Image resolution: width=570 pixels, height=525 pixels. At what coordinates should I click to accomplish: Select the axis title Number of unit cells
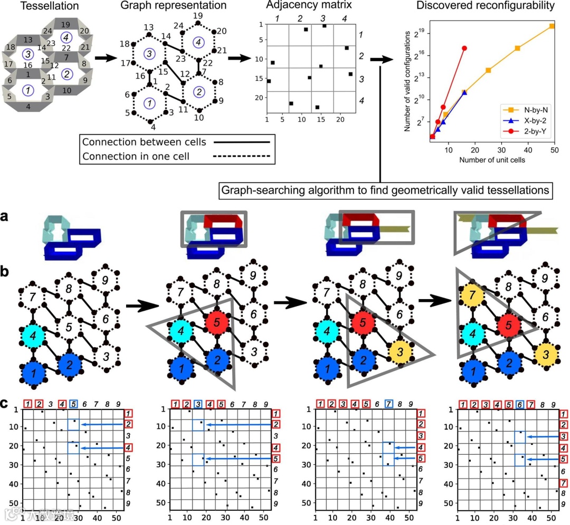click(492, 159)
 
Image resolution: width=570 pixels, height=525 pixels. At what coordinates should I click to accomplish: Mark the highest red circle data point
click(464, 48)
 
